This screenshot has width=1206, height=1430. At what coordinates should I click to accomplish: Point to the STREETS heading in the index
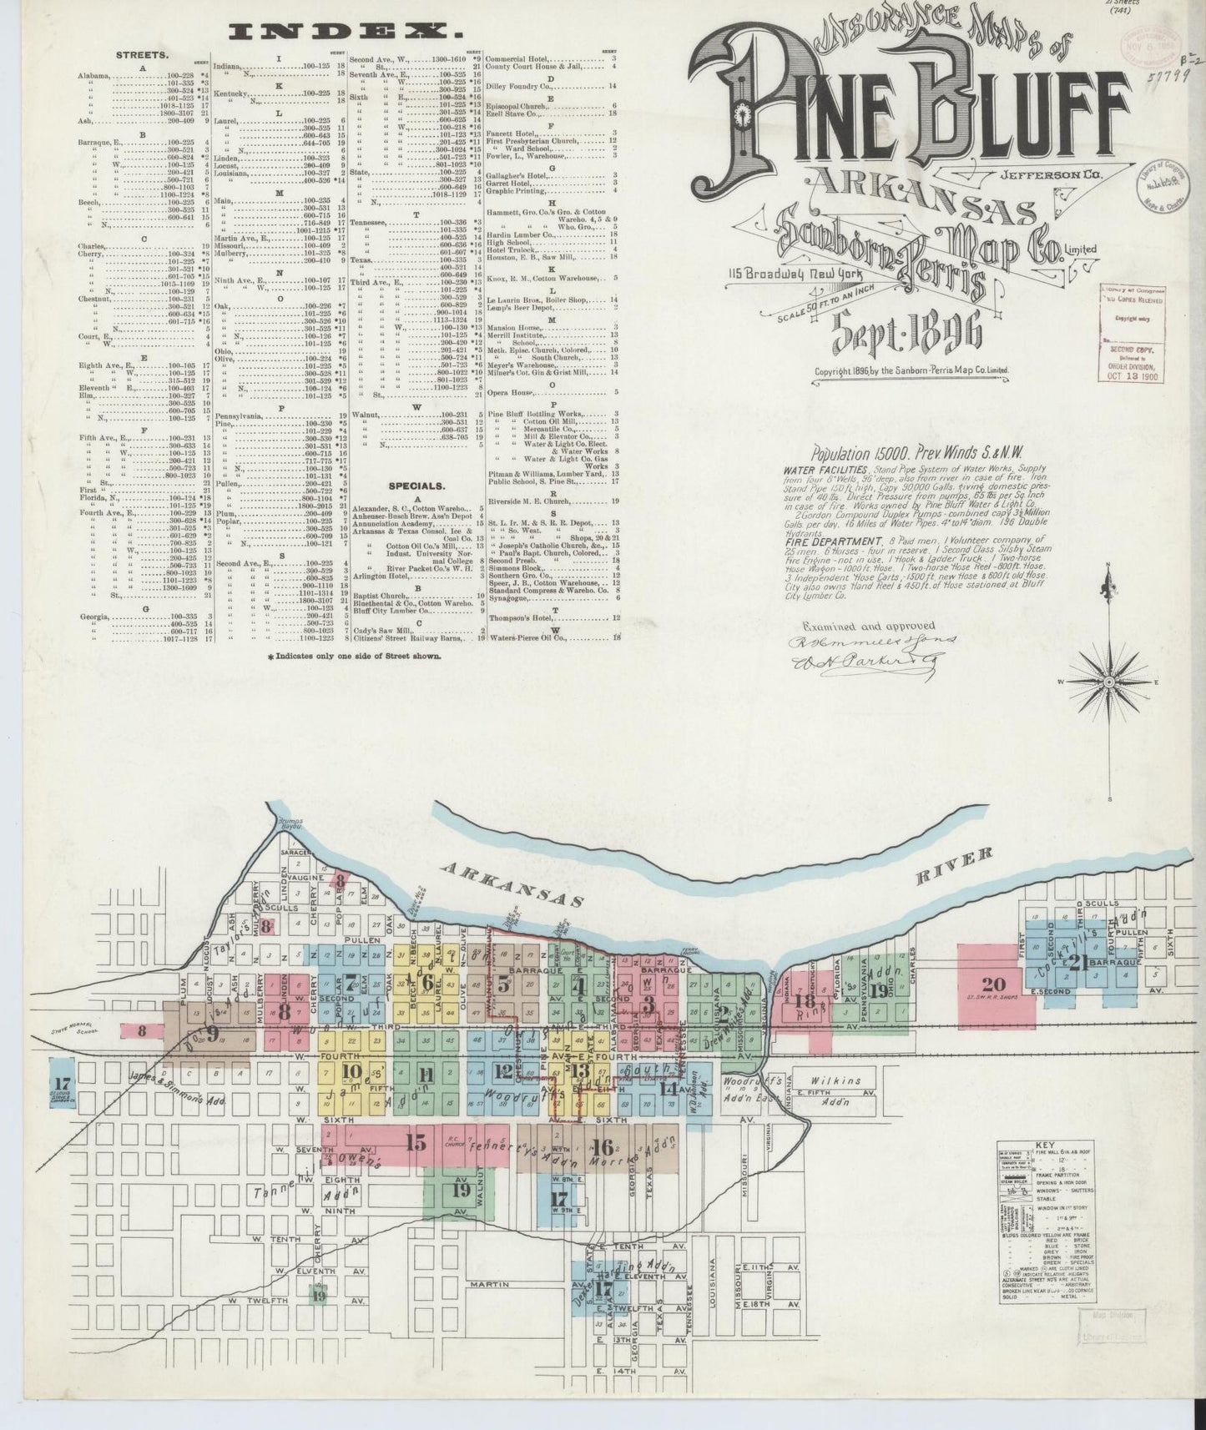[x=142, y=54]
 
